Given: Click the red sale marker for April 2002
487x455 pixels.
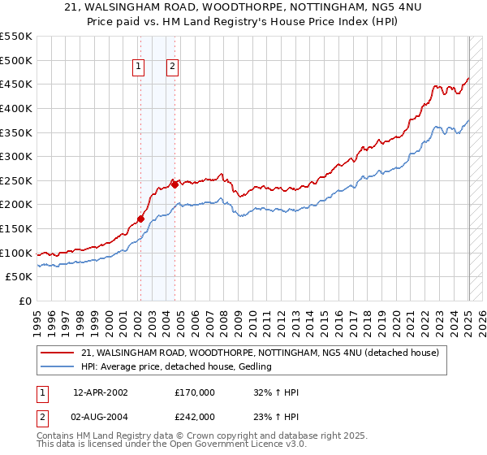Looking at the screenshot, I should pyautogui.click(x=140, y=219).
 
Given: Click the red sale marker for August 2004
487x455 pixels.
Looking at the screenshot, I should pyautogui.click(x=175, y=184).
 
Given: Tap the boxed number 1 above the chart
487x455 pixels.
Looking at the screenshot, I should pyautogui.click(x=140, y=67).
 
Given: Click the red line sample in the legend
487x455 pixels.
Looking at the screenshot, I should pyautogui.click(x=58, y=352).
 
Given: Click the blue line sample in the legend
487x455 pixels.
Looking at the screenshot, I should pyautogui.click(x=58, y=367).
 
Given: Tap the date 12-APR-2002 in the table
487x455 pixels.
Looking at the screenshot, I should pyautogui.click(x=100, y=392).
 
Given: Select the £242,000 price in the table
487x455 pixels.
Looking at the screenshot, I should pyautogui.click(x=194, y=416).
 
